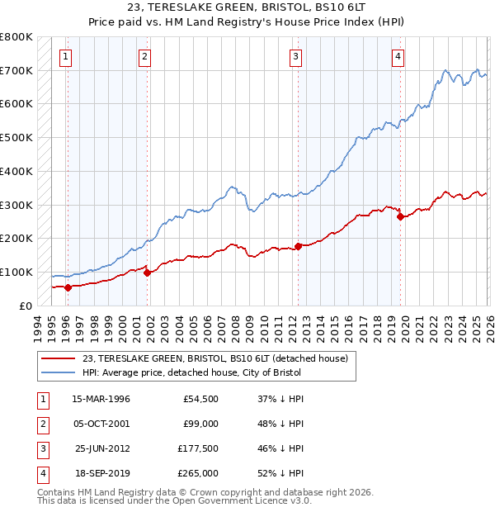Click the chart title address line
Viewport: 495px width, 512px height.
click(x=247, y=8)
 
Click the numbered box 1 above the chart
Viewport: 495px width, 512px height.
click(x=65, y=57)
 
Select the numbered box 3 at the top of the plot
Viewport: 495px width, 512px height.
click(x=295, y=57)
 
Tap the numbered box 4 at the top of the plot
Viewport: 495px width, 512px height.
click(x=398, y=57)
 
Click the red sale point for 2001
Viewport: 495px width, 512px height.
click(x=147, y=273)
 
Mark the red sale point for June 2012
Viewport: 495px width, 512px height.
click(x=298, y=246)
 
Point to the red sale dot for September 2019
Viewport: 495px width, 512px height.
click(x=401, y=217)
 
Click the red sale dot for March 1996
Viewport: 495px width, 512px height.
click(x=68, y=287)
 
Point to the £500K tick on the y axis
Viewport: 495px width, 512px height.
click(x=16, y=138)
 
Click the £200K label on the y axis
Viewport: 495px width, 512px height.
click(x=16, y=239)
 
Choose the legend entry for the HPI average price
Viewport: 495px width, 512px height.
click(x=192, y=372)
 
